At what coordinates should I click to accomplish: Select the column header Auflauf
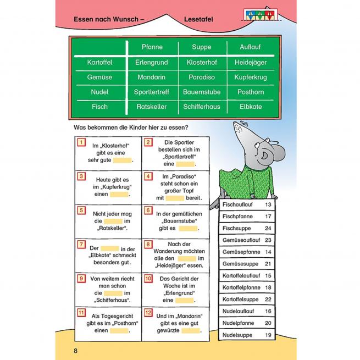[x=250, y=48]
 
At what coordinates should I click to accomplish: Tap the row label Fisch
[x=100, y=107]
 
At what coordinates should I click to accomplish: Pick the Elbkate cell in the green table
[x=250, y=107]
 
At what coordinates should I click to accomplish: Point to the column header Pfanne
[x=152, y=48]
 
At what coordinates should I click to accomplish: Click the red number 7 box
[x=81, y=243]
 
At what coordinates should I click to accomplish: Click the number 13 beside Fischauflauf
[x=268, y=205]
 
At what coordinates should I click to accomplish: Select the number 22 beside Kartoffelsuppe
[x=268, y=298]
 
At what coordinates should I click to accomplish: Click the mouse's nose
[x=237, y=127]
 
